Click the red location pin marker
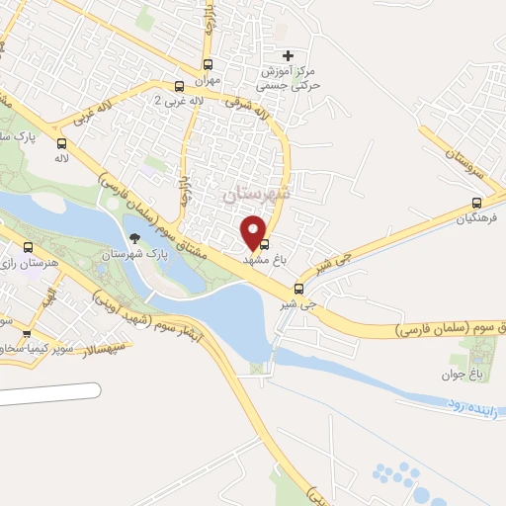pos(254,231)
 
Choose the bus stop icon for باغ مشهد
pos(264,244)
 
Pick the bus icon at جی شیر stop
pos(299,290)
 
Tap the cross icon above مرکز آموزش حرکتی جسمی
pos(288,55)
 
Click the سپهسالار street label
pos(103,347)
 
